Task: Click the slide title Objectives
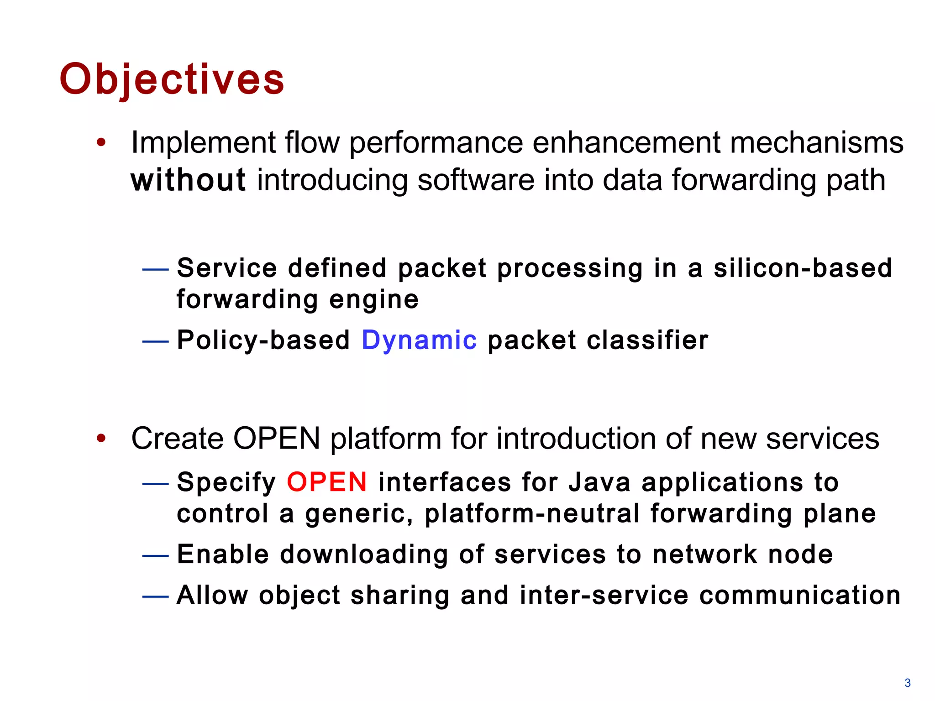coord(172,79)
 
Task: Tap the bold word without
coord(188,180)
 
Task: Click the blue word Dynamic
coord(419,340)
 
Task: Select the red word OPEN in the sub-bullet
coord(326,482)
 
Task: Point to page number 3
coord(907,683)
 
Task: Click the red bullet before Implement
coord(101,142)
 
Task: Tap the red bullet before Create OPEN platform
coord(101,439)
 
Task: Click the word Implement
coord(203,143)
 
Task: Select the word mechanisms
coord(816,143)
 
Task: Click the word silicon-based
coord(803,268)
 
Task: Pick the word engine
coord(373,300)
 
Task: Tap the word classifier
coord(647,340)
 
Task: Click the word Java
coord(599,482)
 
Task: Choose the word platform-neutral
coord(532,514)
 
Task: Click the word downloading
coord(363,555)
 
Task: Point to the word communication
coord(799,595)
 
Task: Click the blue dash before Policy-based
coord(155,341)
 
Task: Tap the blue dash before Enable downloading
coord(155,555)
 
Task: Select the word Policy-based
coord(263,340)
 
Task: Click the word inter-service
coord(604,595)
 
